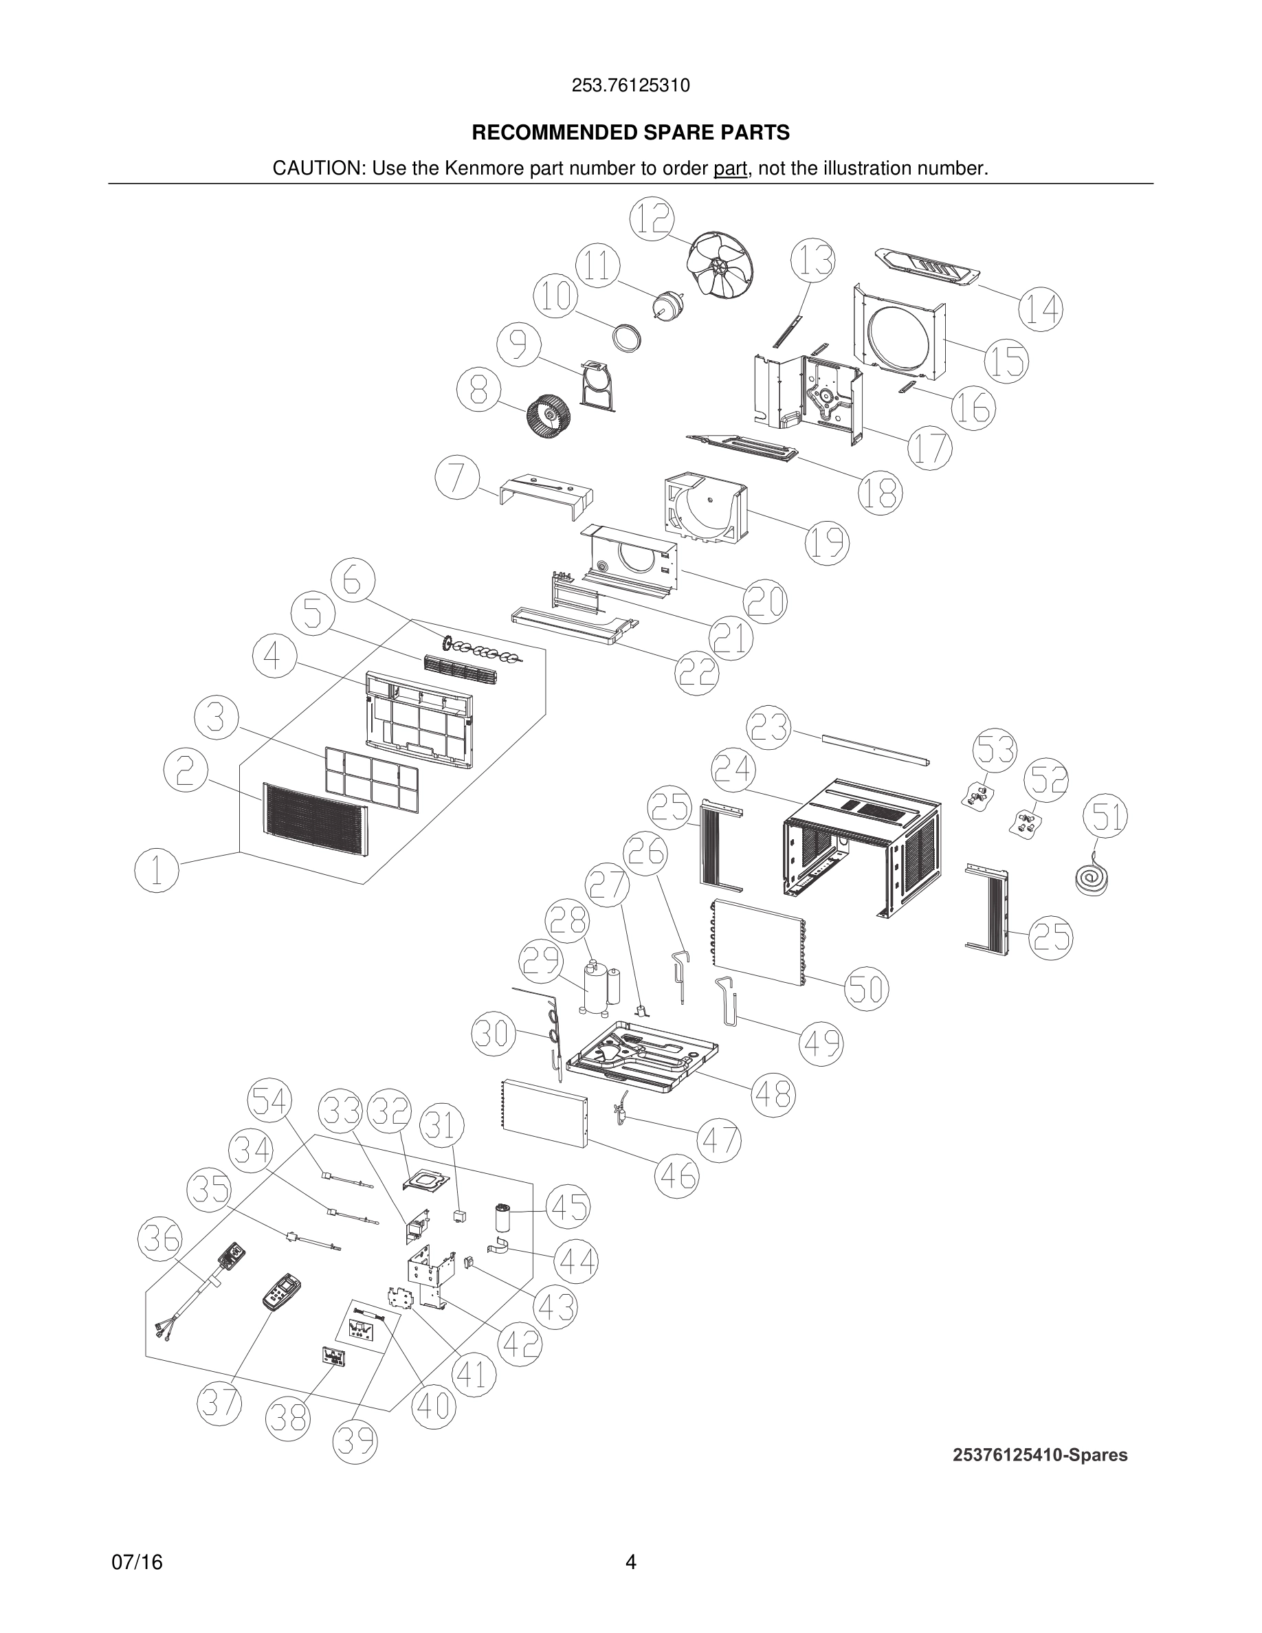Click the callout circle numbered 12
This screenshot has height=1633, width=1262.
coord(652,219)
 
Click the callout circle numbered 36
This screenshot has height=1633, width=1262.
coord(160,1238)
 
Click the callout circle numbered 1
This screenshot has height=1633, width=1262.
coord(156,870)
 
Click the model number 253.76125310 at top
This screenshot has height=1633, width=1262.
coord(630,85)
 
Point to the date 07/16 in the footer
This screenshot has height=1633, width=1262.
coord(137,1563)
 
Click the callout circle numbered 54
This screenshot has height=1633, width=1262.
coord(269,1101)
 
